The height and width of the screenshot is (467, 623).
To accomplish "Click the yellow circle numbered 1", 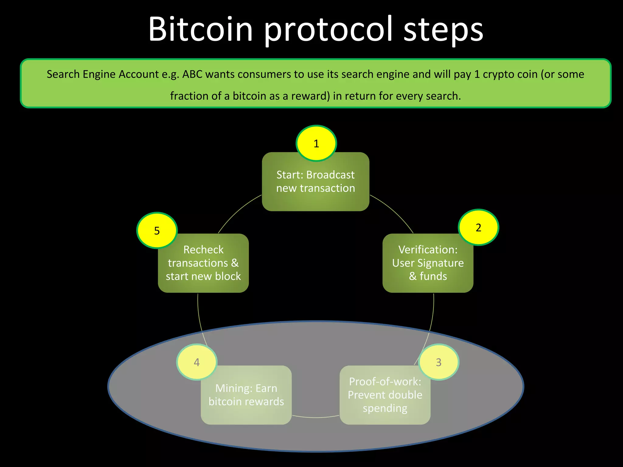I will (316, 143).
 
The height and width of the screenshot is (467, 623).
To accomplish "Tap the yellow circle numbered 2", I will (478, 227).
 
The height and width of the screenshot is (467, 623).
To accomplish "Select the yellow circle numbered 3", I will (438, 362).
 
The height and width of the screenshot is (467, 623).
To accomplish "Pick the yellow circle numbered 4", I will (197, 362).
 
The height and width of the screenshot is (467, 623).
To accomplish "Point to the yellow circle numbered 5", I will (157, 230).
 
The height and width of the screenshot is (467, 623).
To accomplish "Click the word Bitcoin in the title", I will (200, 29).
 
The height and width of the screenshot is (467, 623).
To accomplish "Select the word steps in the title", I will (443, 29).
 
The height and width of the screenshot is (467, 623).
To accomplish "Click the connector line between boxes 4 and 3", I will (315, 417).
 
